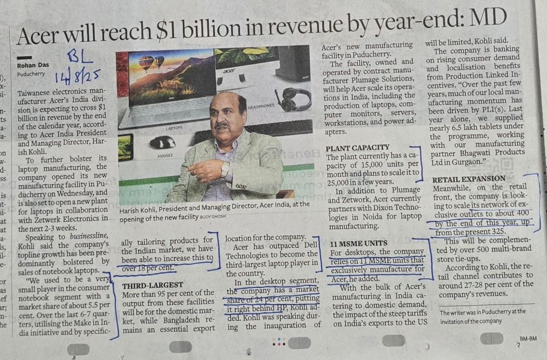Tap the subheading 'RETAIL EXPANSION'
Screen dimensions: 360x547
click(468, 178)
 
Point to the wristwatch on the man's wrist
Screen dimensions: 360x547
click(225, 169)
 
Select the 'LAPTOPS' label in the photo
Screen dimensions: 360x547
click(175, 128)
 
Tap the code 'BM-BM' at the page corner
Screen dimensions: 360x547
click(528, 339)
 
